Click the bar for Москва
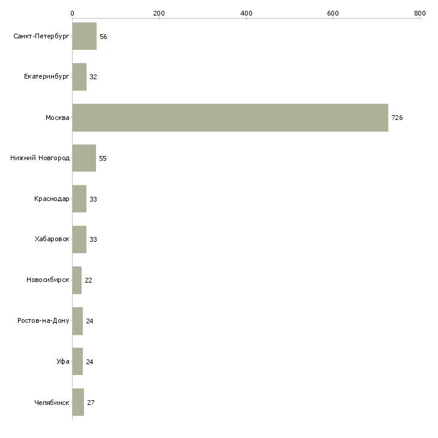point(230,118)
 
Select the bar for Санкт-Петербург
point(84,36)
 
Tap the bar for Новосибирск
point(77,280)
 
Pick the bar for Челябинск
point(78,402)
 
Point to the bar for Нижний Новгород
point(84,158)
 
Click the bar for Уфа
point(77,362)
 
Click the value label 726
point(397,118)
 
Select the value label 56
point(103,37)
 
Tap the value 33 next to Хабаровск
point(93,239)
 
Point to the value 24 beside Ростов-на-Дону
point(89,321)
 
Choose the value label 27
point(91,403)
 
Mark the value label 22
point(88,280)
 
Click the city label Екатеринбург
point(47,77)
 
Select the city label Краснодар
point(52,199)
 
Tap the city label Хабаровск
point(52,239)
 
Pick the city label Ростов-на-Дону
point(43,321)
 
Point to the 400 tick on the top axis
point(246,13)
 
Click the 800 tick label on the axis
point(419,13)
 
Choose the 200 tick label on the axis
point(159,13)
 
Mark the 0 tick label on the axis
point(72,13)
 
